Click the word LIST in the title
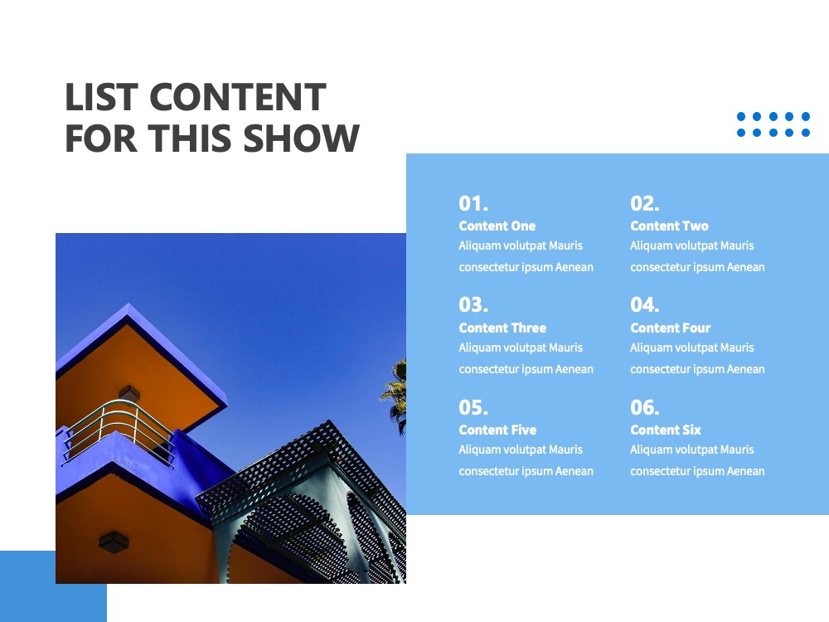tap(101, 97)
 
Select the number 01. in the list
tap(473, 204)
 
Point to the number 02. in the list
tap(644, 204)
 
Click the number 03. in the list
tap(473, 305)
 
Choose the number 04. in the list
tap(644, 305)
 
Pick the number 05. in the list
tap(473, 408)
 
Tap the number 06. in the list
tap(644, 408)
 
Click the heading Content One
tap(497, 226)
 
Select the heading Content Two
tap(669, 226)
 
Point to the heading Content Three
tap(502, 328)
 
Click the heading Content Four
tap(671, 328)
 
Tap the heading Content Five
tap(497, 430)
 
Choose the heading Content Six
tap(666, 430)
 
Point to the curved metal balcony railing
tap(118, 430)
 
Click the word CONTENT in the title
tap(238, 97)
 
